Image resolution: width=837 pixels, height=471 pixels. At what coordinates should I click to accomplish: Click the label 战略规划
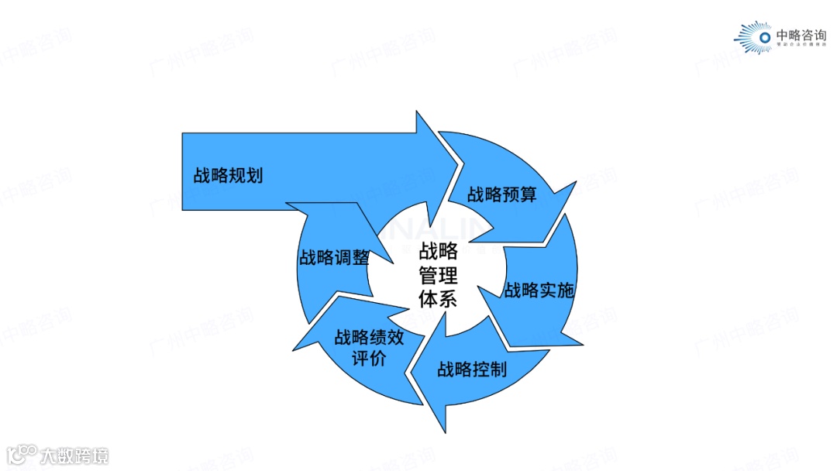228,175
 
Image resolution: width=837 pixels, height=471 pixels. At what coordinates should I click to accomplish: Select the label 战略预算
501,194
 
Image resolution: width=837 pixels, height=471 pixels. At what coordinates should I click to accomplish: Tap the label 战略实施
539,291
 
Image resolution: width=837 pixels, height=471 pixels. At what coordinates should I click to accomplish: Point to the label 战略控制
471,369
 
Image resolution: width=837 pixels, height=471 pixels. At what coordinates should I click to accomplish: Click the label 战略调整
334,257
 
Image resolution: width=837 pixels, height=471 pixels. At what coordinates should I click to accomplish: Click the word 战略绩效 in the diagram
369,338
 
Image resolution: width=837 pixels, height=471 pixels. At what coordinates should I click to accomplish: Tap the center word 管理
439,275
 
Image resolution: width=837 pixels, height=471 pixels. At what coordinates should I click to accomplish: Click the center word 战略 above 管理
439,251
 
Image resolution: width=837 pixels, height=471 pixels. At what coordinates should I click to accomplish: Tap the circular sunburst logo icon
763,36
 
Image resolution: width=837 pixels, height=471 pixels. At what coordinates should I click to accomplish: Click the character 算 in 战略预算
528,194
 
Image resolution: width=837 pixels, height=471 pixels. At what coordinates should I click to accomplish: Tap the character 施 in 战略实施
565,291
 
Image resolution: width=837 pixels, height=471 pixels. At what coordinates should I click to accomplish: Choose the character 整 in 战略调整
360,257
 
